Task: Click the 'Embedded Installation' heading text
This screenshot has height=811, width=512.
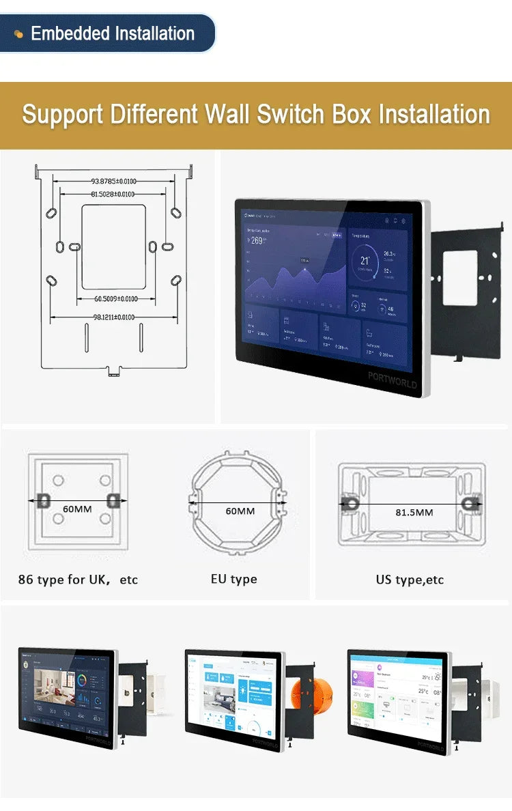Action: [x=113, y=33]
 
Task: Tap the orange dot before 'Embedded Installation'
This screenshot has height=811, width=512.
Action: [x=18, y=34]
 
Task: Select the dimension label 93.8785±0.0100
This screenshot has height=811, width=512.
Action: [x=113, y=182]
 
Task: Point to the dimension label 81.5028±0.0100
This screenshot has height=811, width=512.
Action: [x=113, y=195]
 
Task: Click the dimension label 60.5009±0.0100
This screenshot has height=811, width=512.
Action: [x=115, y=299]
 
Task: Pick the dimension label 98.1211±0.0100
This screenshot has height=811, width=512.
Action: [x=113, y=317]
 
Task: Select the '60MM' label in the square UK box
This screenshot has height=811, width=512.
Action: [x=77, y=509]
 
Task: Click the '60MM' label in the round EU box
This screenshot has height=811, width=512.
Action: [x=240, y=511]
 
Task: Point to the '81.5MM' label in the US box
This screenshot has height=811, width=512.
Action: [x=414, y=512]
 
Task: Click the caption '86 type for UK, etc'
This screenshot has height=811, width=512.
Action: [x=78, y=580]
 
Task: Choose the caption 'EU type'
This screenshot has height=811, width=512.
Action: [x=233, y=579]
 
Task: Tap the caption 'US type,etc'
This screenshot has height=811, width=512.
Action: [x=410, y=580]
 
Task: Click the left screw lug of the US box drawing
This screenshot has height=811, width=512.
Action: [x=351, y=503]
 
